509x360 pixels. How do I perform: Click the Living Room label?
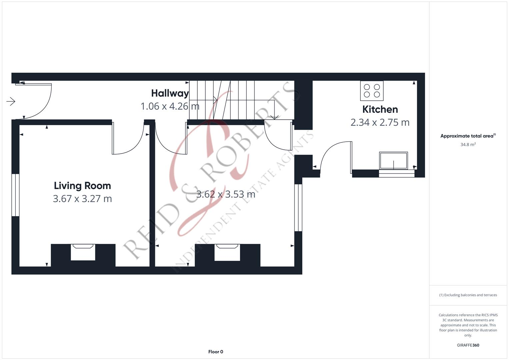tap(82, 186)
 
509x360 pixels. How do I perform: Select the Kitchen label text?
tap(380, 109)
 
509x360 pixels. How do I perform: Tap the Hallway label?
tap(170, 93)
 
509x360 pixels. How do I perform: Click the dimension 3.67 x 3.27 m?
tap(82, 199)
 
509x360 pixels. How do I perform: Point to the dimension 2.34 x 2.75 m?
tap(380, 122)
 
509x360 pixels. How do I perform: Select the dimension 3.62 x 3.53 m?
tap(226, 194)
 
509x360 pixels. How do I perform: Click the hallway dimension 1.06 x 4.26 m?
tap(170, 106)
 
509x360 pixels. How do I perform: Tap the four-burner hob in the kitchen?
tap(372, 91)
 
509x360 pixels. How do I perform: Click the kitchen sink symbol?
tap(393, 161)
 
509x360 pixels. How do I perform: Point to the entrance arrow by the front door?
tap(11, 101)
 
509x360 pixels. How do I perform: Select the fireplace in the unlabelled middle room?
tap(227, 252)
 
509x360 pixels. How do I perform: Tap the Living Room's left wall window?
tap(15, 195)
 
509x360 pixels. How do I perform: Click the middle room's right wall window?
tap(298, 207)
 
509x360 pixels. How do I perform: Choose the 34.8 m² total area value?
tap(468, 145)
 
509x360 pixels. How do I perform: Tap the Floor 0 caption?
tap(216, 352)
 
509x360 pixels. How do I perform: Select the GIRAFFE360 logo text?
tap(468, 345)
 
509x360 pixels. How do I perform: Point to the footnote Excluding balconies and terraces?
tap(468, 295)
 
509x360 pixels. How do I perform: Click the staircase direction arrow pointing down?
tap(274, 116)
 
